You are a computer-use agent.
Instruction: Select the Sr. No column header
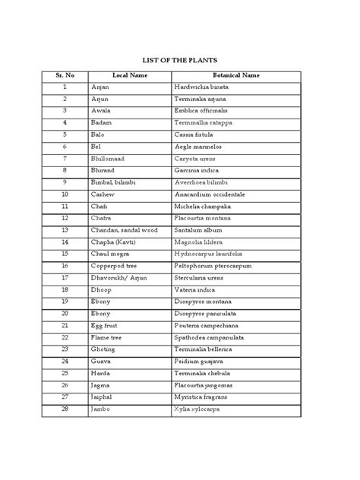(x=65, y=76)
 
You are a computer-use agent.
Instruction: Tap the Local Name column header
(x=129, y=76)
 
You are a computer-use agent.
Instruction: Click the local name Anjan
(x=101, y=87)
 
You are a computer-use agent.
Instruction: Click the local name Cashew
(x=103, y=194)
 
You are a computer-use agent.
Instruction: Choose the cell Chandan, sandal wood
(x=125, y=229)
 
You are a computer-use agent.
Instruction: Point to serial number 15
(x=65, y=253)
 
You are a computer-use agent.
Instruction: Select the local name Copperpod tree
(x=116, y=264)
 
